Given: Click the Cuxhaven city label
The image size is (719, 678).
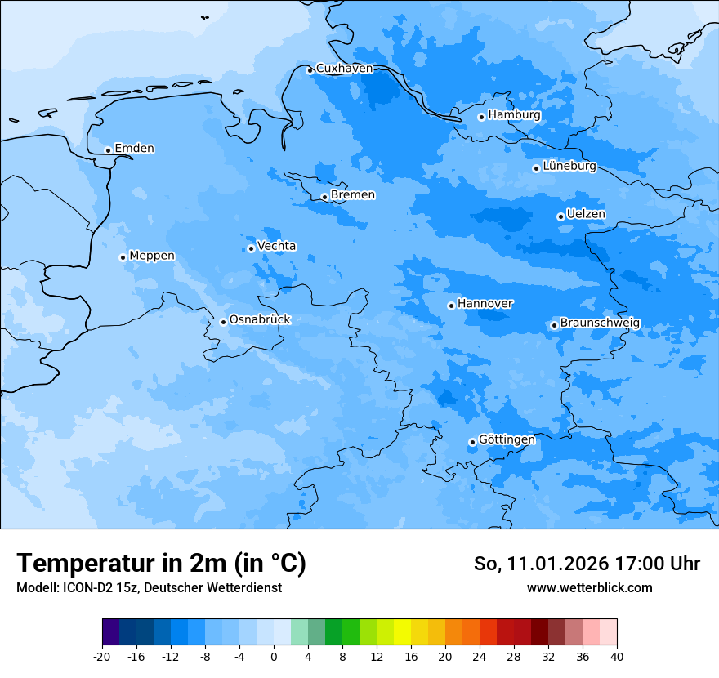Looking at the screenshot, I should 344,69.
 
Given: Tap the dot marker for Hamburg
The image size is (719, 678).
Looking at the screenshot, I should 482,117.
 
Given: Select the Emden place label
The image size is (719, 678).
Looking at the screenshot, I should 134,149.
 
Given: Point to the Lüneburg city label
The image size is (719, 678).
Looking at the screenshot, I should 569,166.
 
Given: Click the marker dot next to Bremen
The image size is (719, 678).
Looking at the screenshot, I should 324,197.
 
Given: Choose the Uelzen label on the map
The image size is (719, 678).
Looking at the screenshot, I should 586,214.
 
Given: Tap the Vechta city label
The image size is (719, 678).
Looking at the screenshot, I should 276,246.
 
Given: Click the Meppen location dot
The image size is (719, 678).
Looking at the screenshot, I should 123,257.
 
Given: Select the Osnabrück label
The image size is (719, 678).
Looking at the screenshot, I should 260,319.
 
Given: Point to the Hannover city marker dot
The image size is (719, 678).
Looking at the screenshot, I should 451,306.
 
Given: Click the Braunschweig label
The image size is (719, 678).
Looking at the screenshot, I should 600,323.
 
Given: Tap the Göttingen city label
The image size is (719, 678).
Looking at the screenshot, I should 507,439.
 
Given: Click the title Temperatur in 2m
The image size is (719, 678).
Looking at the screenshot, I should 161,563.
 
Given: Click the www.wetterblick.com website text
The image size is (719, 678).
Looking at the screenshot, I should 589,588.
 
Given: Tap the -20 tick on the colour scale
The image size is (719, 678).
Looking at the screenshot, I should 102,656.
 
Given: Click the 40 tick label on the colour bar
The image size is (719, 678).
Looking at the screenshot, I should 617,656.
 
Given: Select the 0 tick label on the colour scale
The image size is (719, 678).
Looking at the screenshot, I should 274,656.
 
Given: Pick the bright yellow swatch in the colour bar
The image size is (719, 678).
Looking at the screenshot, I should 401,632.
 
